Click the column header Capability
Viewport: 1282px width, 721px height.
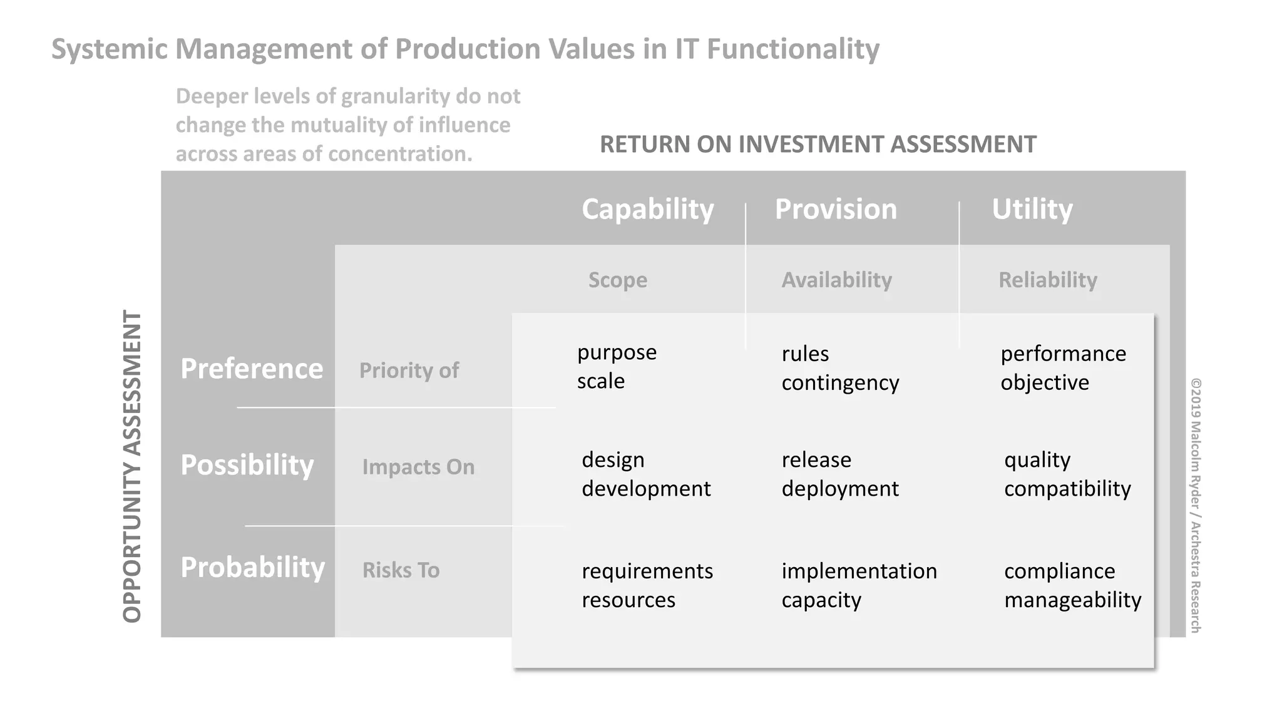point(647,209)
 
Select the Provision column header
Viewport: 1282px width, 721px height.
point(836,209)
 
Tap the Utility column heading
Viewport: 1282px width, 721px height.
point(1032,209)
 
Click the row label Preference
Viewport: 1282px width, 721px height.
point(252,369)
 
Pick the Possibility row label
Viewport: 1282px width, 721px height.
point(247,465)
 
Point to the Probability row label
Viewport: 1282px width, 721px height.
point(252,568)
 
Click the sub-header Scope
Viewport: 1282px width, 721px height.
point(617,280)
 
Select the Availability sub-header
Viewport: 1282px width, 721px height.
point(836,280)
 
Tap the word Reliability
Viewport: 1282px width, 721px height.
point(1047,280)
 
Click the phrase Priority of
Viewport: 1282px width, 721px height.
point(409,371)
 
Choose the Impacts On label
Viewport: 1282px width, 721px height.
point(418,467)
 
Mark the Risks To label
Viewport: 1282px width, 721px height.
point(401,570)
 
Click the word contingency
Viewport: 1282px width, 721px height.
point(840,382)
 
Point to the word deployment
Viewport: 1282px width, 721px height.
point(840,489)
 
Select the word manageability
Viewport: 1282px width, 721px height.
point(1072,600)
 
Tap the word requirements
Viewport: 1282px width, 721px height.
point(647,571)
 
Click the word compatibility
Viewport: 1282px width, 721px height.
point(1067,489)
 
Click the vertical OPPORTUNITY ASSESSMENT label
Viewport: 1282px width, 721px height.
point(132,466)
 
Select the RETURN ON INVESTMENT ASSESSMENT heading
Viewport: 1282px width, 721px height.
point(818,145)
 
